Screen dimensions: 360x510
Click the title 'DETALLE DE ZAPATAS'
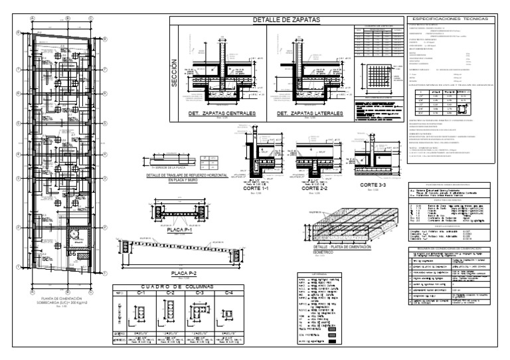[x=286, y=21]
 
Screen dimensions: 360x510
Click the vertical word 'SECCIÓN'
[x=175, y=74]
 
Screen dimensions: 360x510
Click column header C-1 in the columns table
[x=141, y=292]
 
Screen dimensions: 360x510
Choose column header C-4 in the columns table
[x=228, y=292]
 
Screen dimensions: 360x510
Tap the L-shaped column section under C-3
[x=200, y=312]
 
